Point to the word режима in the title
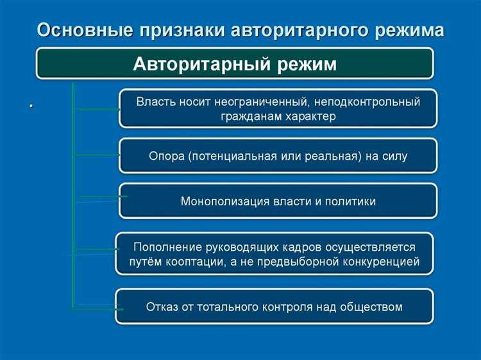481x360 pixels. pos(403,30)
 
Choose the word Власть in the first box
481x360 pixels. pos(156,101)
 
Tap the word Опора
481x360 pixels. pos(167,155)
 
